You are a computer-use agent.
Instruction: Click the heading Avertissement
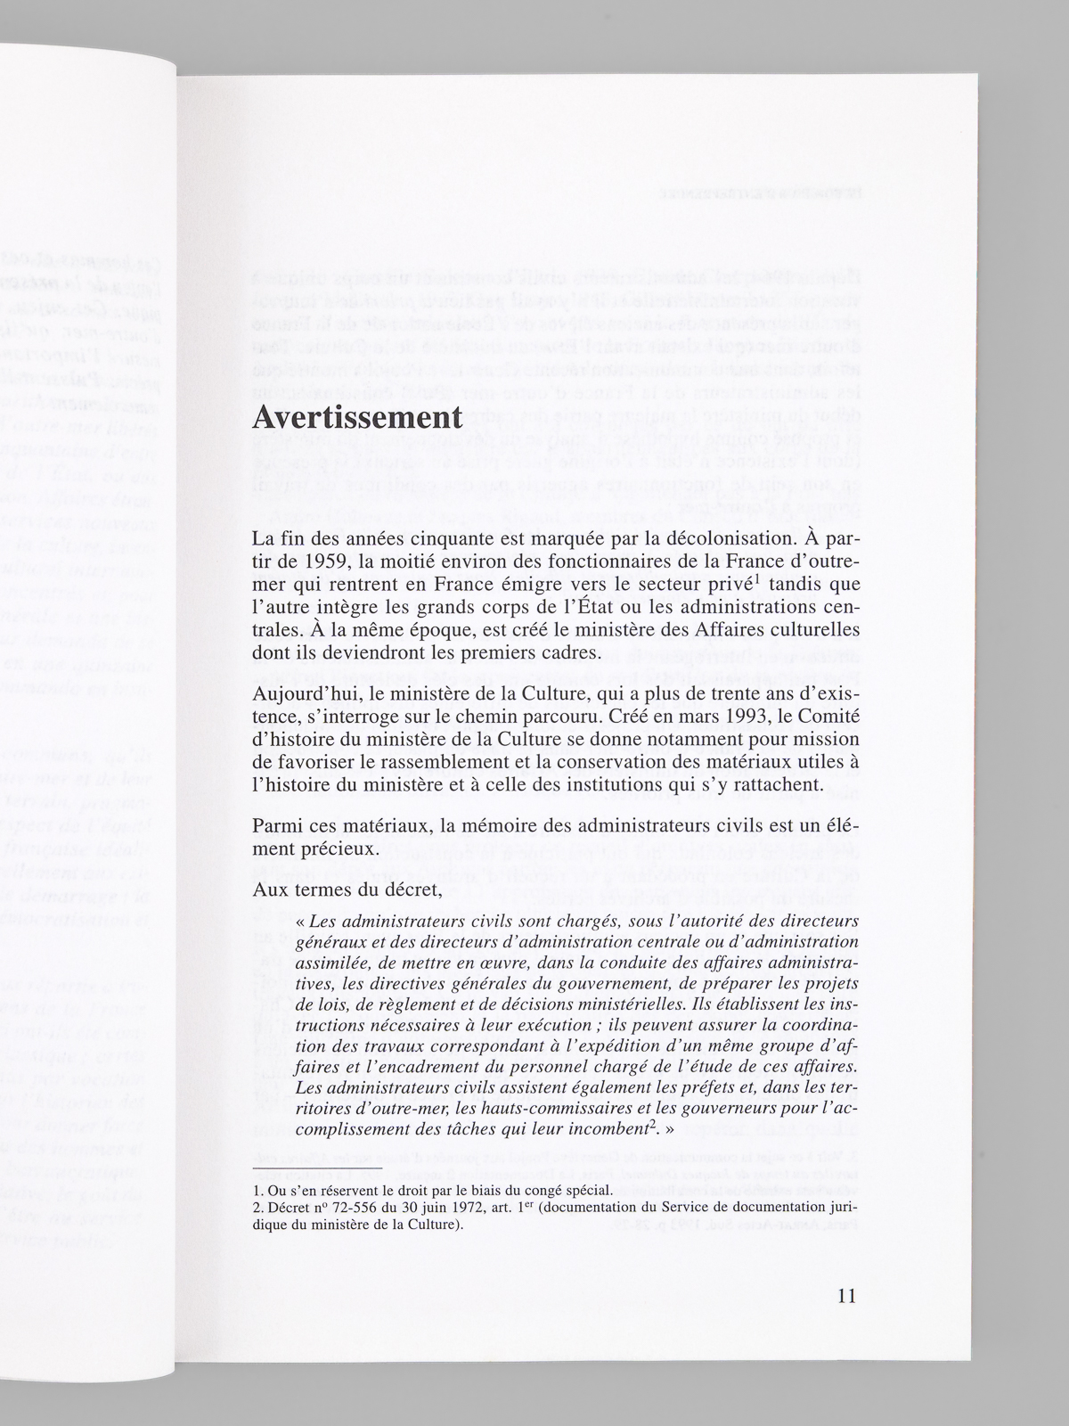(x=356, y=417)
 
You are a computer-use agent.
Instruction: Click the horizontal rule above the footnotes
(x=317, y=1168)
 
